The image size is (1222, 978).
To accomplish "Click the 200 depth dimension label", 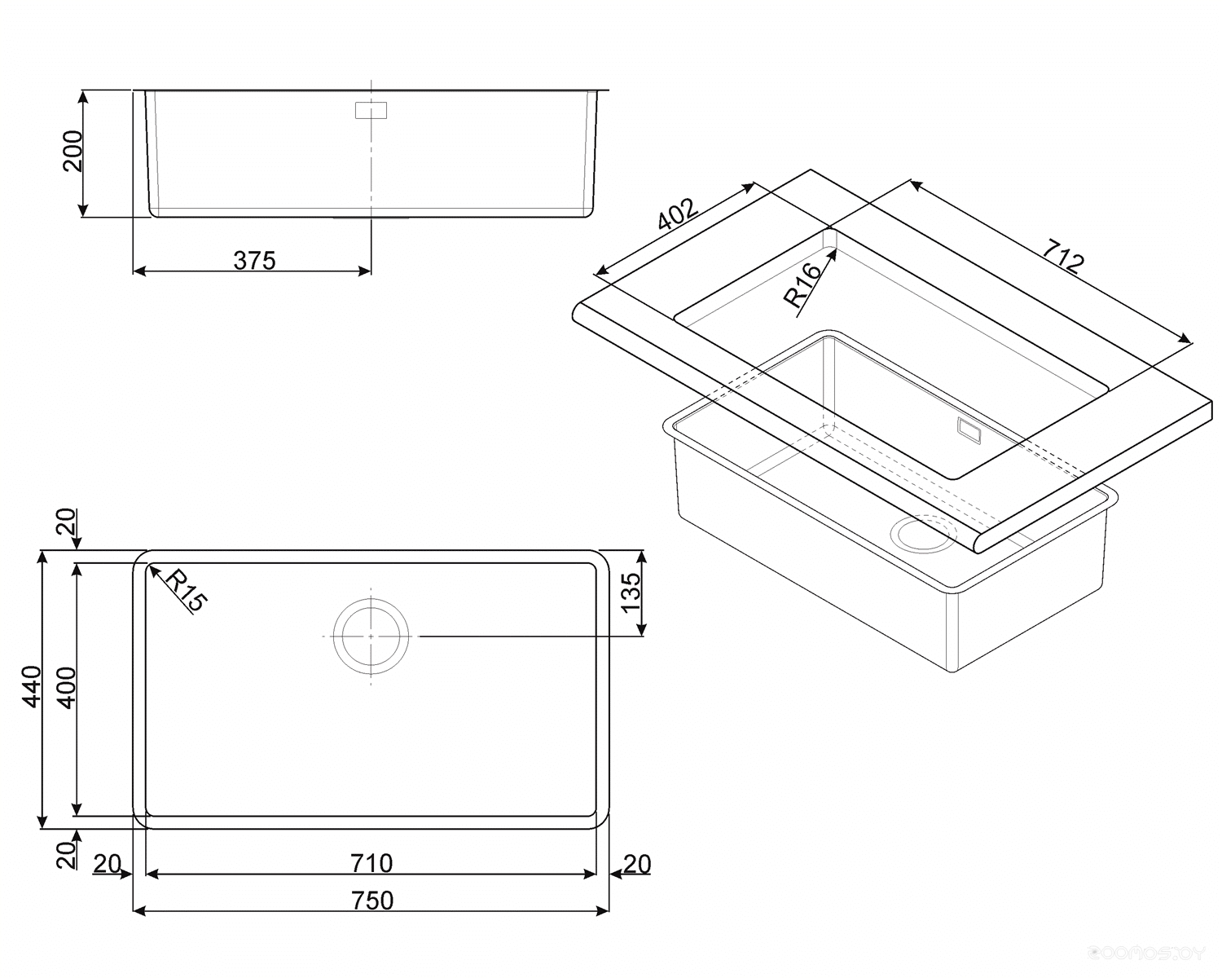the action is pos(73,151).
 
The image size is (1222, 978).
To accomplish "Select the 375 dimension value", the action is pos(254,260).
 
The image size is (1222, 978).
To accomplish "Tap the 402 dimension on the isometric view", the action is pos(678,214).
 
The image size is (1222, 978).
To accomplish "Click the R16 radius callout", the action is pos(802,286).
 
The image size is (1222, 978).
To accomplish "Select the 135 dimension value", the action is pos(631,593).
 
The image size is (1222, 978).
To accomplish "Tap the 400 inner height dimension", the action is pos(67,688).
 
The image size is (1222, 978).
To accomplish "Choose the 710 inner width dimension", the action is pos(371,863).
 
